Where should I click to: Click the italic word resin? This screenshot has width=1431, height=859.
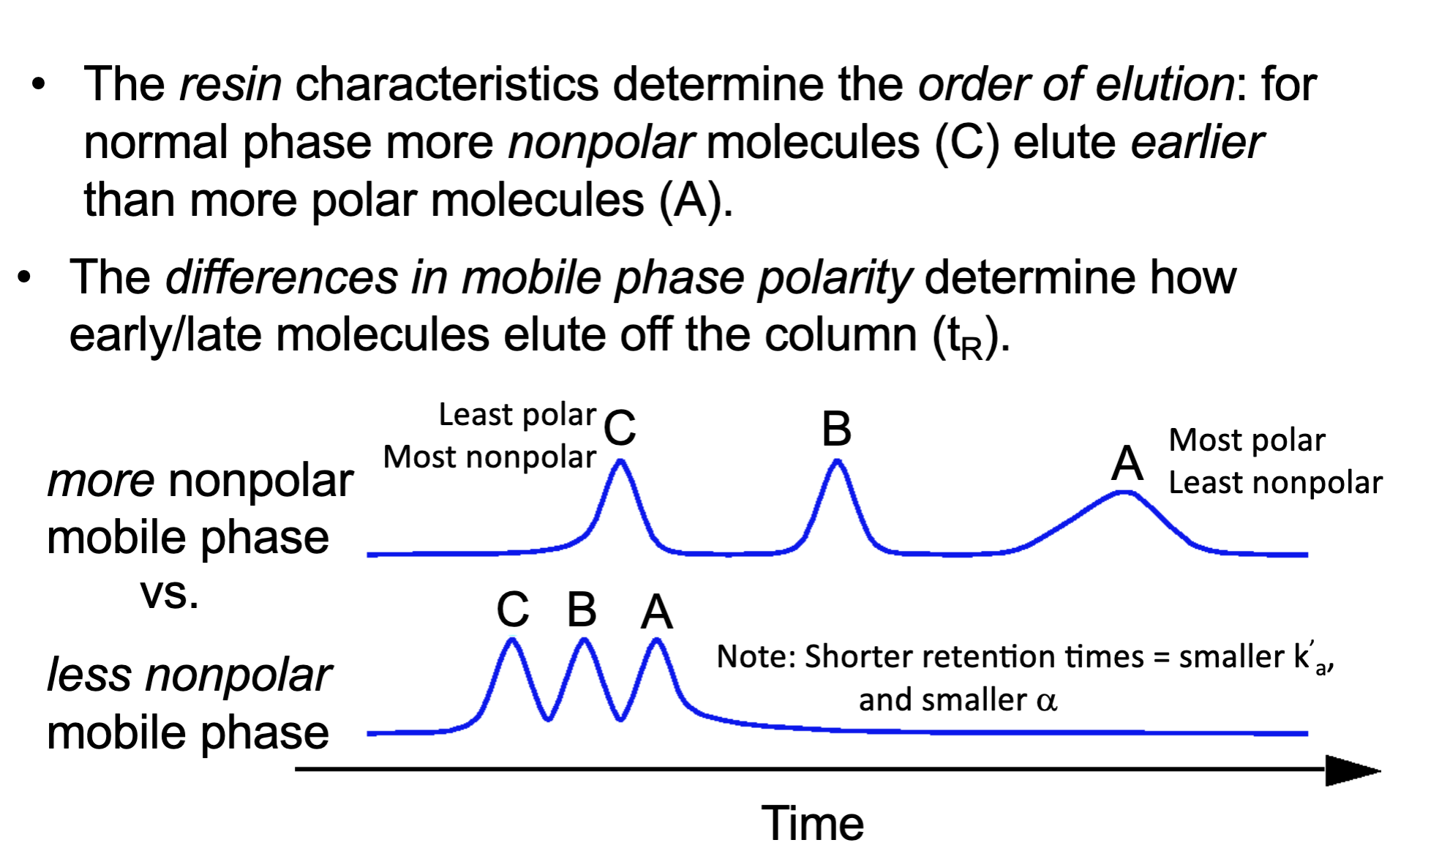point(230,84)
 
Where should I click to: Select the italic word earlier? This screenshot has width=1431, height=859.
point(1197,142)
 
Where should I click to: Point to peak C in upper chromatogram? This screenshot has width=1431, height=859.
point(620,462)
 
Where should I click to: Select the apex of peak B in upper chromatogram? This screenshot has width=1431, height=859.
point(838,462)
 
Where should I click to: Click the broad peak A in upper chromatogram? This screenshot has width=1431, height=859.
point(1124,494)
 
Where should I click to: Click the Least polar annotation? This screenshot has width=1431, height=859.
point(517,415)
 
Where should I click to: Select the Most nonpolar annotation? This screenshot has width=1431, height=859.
point(489,457)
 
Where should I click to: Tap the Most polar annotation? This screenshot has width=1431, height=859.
point(1246,440)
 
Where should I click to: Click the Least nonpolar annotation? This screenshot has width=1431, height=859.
point(1274,483)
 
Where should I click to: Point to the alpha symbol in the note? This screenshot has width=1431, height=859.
point(1046,701)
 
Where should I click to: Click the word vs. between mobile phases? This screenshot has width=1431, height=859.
point(169,593)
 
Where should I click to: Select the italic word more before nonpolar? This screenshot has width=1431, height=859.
point(101,481)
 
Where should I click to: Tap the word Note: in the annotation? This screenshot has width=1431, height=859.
point(756,656)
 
